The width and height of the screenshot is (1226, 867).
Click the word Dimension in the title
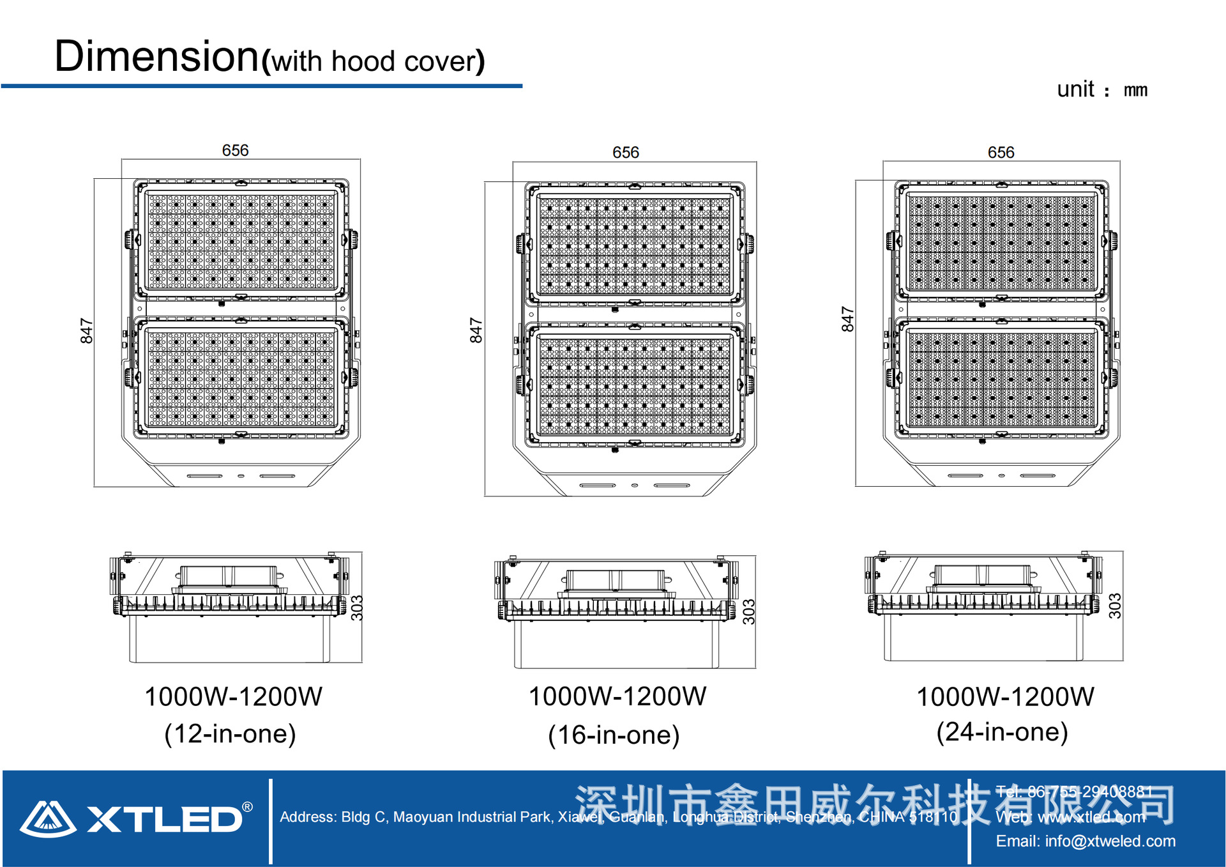[x=156, y=56]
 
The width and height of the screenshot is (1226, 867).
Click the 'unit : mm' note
[x=1102, y=89]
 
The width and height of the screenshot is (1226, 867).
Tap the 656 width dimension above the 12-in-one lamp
[x=235, y=150]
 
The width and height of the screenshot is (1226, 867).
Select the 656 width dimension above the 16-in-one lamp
[x=625, y=152]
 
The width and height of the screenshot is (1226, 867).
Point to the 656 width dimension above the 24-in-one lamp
[x=1001, y=152]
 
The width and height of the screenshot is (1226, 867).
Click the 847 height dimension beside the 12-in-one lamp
[x=87, y=331]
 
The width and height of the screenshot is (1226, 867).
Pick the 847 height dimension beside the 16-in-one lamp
[x=476, y=330]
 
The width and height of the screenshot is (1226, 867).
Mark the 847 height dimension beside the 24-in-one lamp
[x=847, y=319]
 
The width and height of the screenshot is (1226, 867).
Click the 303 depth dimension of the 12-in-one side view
[x=357, y=608]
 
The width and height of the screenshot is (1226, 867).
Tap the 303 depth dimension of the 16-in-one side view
[x=749, y=611]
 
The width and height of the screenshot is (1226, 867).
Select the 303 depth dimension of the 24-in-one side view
[x=1115, y=606]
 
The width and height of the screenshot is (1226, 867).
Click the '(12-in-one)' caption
[x=231, y=733]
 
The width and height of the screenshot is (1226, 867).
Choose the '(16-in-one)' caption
[x=614, y=735]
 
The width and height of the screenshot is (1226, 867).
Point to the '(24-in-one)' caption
[x=1002, y=732]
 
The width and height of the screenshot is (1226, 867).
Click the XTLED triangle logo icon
[x=47, y=819]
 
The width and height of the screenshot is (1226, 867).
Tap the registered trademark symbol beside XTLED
[x=248, y=808]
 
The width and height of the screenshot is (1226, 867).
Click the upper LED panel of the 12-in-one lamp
[x=241, y=241]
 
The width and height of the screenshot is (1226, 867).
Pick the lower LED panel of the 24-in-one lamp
[x=1001, y=379]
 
